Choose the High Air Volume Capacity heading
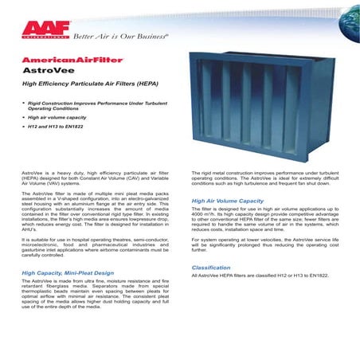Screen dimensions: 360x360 228,202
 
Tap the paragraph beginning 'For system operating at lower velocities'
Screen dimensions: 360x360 265,246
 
